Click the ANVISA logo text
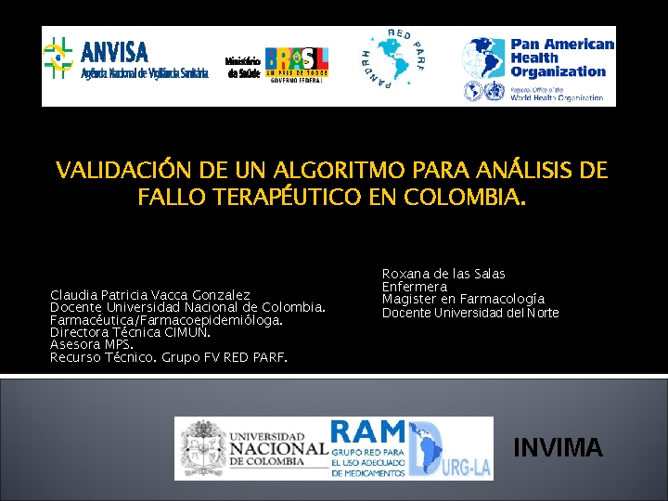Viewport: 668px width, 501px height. click(x=115, y=50)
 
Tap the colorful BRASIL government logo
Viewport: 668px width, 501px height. click(x=296, y=63)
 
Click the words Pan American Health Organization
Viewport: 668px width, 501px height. click(x=561, y=58)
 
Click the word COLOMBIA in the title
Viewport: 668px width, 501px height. click(x=464, y=198)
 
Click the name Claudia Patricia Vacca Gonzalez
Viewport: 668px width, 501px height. click(x=150, y=295)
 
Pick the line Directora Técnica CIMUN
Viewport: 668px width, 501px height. click(x=130, y=331)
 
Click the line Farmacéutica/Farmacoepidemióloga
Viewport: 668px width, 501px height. click(x=166, y=319)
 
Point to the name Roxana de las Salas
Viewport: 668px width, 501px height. click(x=443, y=274)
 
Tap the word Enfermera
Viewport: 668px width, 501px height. click(x=415, y=287)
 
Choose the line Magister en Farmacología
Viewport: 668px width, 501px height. click(x=463, y=299)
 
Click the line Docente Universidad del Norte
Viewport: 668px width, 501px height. click(x=470, y=313)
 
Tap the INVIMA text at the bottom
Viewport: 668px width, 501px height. click(x=558, y=449)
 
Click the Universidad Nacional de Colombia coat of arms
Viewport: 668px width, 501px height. click(x=203, y=448)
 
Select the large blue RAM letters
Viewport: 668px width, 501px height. click(x=368, y=432)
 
